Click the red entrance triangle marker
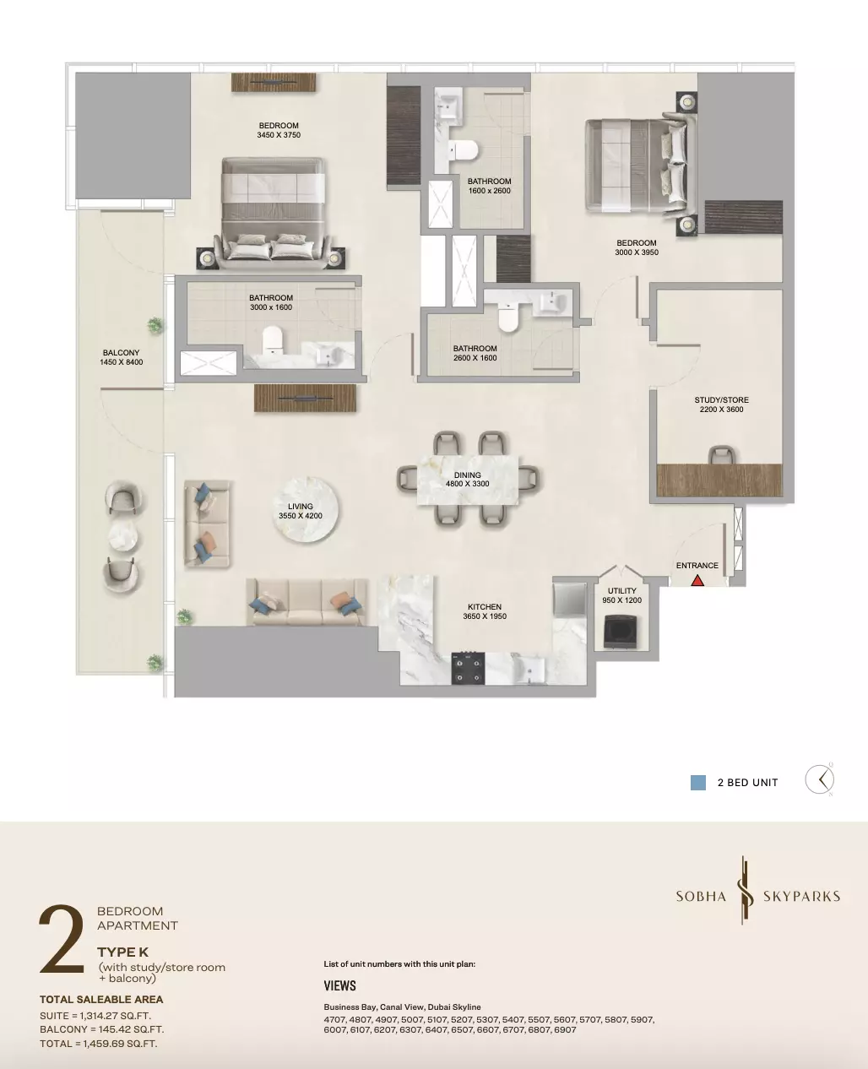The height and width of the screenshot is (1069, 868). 697,581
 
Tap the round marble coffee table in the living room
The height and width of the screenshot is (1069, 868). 306,510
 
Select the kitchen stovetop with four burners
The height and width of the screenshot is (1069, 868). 468,668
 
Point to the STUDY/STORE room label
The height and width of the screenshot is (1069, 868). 721,404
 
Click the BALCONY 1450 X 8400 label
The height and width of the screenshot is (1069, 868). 122,357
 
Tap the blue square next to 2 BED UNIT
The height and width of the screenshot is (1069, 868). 698,783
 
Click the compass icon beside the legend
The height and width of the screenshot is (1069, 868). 820,779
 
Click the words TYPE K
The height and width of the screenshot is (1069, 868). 123,952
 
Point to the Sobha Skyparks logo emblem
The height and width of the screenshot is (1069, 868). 745,890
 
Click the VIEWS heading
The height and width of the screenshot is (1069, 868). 339,985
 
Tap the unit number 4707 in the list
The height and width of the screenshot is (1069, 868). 334,1020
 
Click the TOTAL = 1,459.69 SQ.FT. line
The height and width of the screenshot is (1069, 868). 98,1044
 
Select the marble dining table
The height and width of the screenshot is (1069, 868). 468,480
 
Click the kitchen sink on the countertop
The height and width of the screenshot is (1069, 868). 529,669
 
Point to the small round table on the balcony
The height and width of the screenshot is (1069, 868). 123,536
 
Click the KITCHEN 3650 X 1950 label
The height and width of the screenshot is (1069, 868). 485,611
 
